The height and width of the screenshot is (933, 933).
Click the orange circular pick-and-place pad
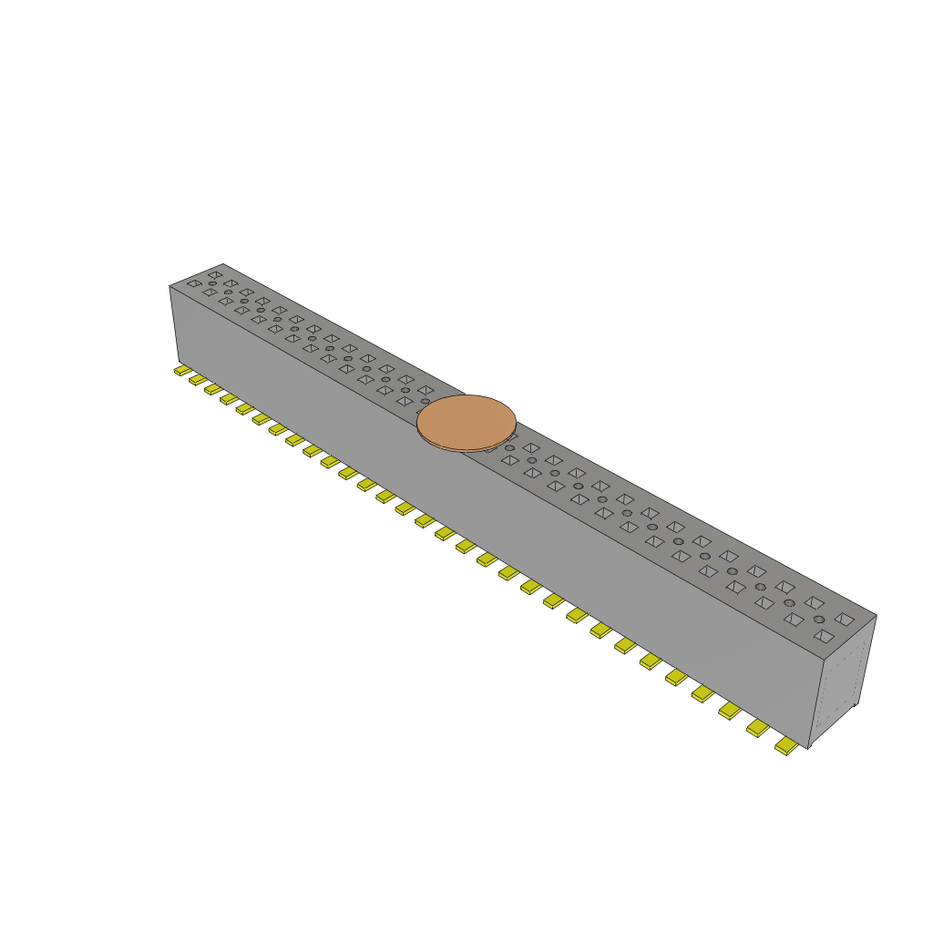point(466,421)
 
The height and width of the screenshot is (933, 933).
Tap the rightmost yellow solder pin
point(785,746)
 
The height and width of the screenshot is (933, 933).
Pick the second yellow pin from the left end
point(198,380)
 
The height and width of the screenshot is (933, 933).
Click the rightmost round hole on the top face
point(819,620)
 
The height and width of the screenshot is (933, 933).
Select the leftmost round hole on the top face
point(212,283)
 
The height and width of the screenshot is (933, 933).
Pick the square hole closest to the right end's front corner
point(824,635)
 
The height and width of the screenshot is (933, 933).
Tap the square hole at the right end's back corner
point(845,619)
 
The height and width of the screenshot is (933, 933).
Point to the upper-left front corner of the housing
point(170,287)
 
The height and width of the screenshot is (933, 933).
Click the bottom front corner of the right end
point(808,748)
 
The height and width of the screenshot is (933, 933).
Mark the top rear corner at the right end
point(876,615)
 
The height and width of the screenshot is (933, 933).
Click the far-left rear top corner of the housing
point(222,264)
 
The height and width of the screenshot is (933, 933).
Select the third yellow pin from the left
point(213,389)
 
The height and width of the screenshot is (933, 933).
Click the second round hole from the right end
point(789,603)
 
